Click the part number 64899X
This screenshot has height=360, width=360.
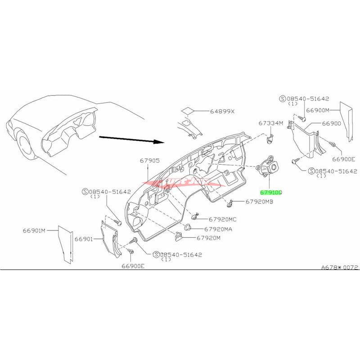(220, 111)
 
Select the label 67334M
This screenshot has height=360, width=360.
(270, 123)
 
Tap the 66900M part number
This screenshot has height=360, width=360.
(318, 110)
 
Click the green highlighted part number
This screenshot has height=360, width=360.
(270, 192)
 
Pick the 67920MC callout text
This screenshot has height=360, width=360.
(220, 220)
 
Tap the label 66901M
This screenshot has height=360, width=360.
(34, 230)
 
